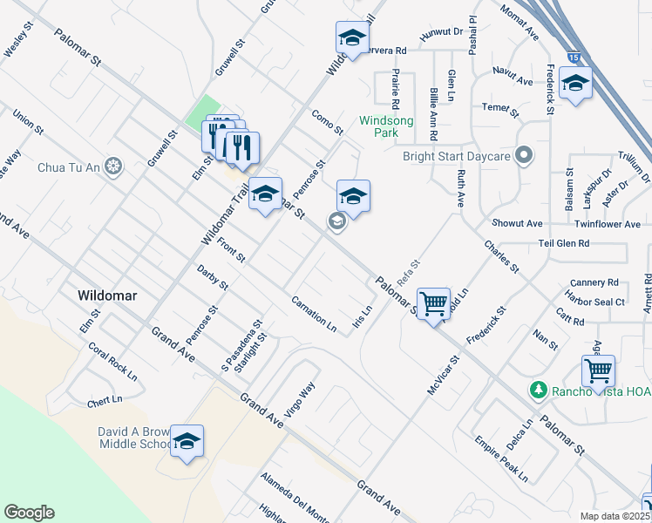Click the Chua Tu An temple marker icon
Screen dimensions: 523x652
pyautogui.click(x=112, y=166)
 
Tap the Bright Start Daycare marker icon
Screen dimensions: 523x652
pyautogui.click(x=523, y=156)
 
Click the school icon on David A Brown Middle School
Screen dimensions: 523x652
pyautogui.click(x=187, y=443)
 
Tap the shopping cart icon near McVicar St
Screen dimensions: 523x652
pyautogui.click(x=433, y=304)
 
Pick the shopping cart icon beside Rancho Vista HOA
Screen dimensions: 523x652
pyautogui.click(x=598, y=370)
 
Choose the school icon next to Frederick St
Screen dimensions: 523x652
pyautogui.click(x=575, y=84)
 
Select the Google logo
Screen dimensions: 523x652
pyautogui.click(x=29, y=513)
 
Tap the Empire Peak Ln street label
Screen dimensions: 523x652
pyautogui.click(x=501, y=461)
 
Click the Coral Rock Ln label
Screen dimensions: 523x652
pyautogui.click(x=112, y=361)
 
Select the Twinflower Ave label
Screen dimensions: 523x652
pyautogui.click(x=608, y=224)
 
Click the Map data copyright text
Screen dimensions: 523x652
pyautogui.click(x=613, y=515)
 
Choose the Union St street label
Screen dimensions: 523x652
pyautogui.click(x=28, y=121)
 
